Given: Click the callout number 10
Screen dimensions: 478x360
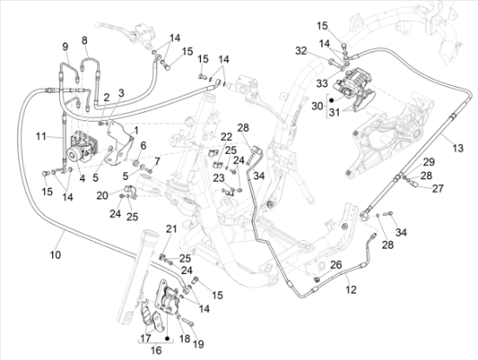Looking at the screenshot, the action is tap(56, 254).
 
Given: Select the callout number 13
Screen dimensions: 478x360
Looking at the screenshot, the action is tap(457, 149).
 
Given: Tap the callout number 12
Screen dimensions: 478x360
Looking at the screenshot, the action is tap(351, 290).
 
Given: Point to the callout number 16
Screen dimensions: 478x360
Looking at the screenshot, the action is tap(156, 350).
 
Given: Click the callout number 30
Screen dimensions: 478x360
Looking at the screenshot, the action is tap(317, 106).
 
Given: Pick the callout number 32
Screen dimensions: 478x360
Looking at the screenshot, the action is tap(301, 51).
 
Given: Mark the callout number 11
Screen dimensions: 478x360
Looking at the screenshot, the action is tap(42, 137).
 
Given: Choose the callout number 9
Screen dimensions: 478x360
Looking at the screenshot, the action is tap(65, 47).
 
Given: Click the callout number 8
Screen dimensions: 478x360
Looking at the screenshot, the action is tap(84, 40).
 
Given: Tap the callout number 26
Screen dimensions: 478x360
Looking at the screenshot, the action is tap(336, 264).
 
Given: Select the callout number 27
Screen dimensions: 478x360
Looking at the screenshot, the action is tap(438, 188).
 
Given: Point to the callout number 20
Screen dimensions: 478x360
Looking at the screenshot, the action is tap(103, 196).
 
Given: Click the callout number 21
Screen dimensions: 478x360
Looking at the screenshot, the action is tap(171, 229).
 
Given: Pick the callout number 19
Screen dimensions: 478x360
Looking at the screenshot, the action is tap(198, 344).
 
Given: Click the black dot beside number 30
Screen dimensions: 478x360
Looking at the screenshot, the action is tap(332, 100).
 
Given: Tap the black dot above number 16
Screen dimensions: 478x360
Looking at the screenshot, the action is tap(167, 338).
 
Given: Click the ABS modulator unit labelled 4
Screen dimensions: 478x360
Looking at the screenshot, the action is tap(83, 150).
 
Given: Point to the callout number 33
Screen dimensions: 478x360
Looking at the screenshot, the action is tap(322, 83).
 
